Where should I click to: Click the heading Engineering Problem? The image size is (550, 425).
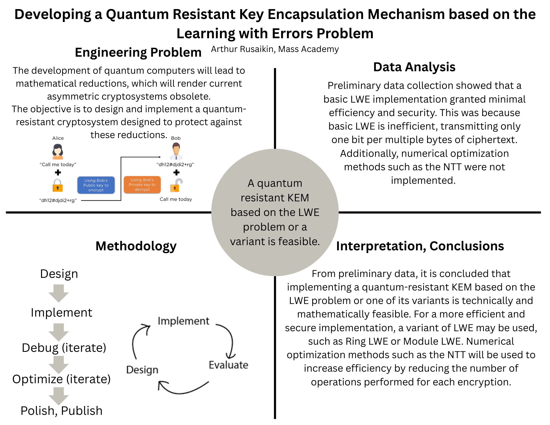[138, 52]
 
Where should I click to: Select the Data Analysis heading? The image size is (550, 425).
[414, 67]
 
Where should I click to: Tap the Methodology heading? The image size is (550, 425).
[136, 246]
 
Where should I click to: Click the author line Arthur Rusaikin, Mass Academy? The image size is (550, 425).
[275, 49]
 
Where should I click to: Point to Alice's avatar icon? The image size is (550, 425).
[58, 152]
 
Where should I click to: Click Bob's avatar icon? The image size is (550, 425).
[176, 152]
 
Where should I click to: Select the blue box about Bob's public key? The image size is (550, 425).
[96, 185]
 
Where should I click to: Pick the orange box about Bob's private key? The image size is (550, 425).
[142, 185]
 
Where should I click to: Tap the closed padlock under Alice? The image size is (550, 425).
[58, 185]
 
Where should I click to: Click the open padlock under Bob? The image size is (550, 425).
[176, 185]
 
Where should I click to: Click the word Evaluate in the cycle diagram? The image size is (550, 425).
[228, 365]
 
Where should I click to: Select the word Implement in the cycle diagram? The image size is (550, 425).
[184, 321]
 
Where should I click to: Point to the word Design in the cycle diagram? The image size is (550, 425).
[142, 370]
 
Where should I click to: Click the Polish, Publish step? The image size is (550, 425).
[61, 411]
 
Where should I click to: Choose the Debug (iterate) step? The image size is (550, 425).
[64, 348]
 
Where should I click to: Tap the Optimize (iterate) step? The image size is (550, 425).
[61, 379]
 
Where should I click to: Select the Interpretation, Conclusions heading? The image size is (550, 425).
[420, 246]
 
